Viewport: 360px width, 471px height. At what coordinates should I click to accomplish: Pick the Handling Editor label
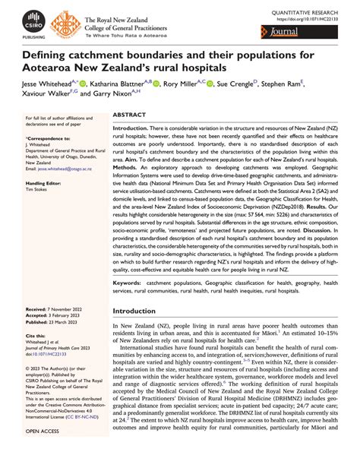(x=43, y=184)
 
